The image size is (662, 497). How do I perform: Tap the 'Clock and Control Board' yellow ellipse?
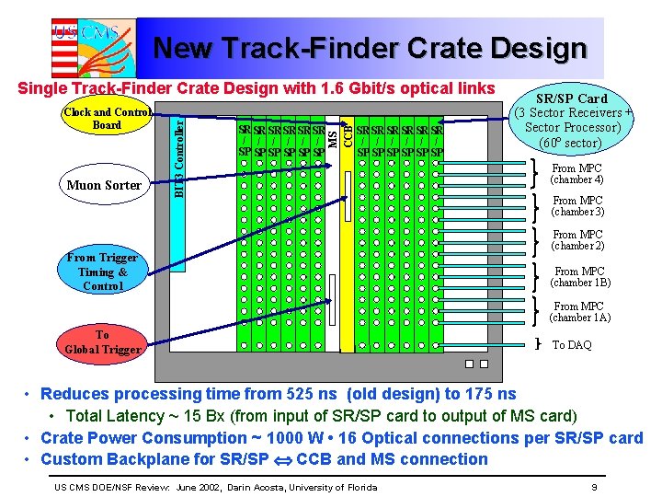point(107,119)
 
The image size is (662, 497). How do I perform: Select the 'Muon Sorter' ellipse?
point(104,185)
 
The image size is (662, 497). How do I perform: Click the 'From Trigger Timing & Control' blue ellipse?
point(102,272)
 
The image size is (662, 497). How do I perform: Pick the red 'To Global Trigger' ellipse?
point(102,341)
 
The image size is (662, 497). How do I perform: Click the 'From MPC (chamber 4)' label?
point(577,174)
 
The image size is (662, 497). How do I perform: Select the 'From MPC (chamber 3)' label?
point(577,206)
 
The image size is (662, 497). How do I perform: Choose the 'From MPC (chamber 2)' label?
point(577,240)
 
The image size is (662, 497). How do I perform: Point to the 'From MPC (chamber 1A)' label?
point(578,312)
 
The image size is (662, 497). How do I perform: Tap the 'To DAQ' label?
point(572,345)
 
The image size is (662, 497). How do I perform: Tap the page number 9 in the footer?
point(595,487)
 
